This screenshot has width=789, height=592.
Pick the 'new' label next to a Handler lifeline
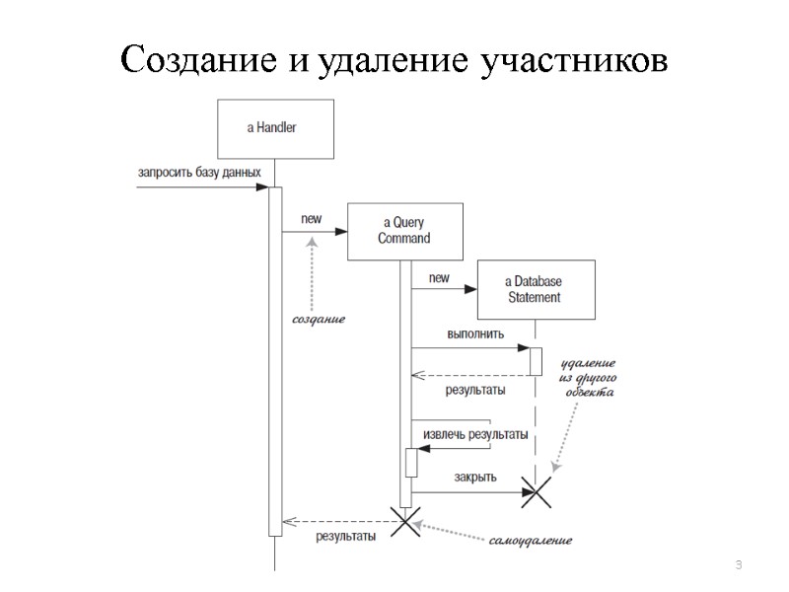tap(298, 219)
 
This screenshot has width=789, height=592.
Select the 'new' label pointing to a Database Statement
tap(439, 279)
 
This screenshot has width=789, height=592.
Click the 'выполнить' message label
tap(475, 333)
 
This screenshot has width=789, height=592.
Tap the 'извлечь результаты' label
tap(474, 434)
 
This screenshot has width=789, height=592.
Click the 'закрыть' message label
tap(475, 479)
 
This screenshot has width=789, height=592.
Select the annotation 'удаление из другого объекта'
tap(588, 377)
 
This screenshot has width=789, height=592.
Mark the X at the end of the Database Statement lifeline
tap(537, 491)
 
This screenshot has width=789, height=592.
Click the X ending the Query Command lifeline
tap(405, 521)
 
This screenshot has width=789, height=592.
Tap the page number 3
tap(738, 563)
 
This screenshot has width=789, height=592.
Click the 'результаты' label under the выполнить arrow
tap(475, 390)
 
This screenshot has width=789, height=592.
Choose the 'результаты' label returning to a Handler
tap(345, 537)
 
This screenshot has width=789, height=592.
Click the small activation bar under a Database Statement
tap(537, 361)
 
